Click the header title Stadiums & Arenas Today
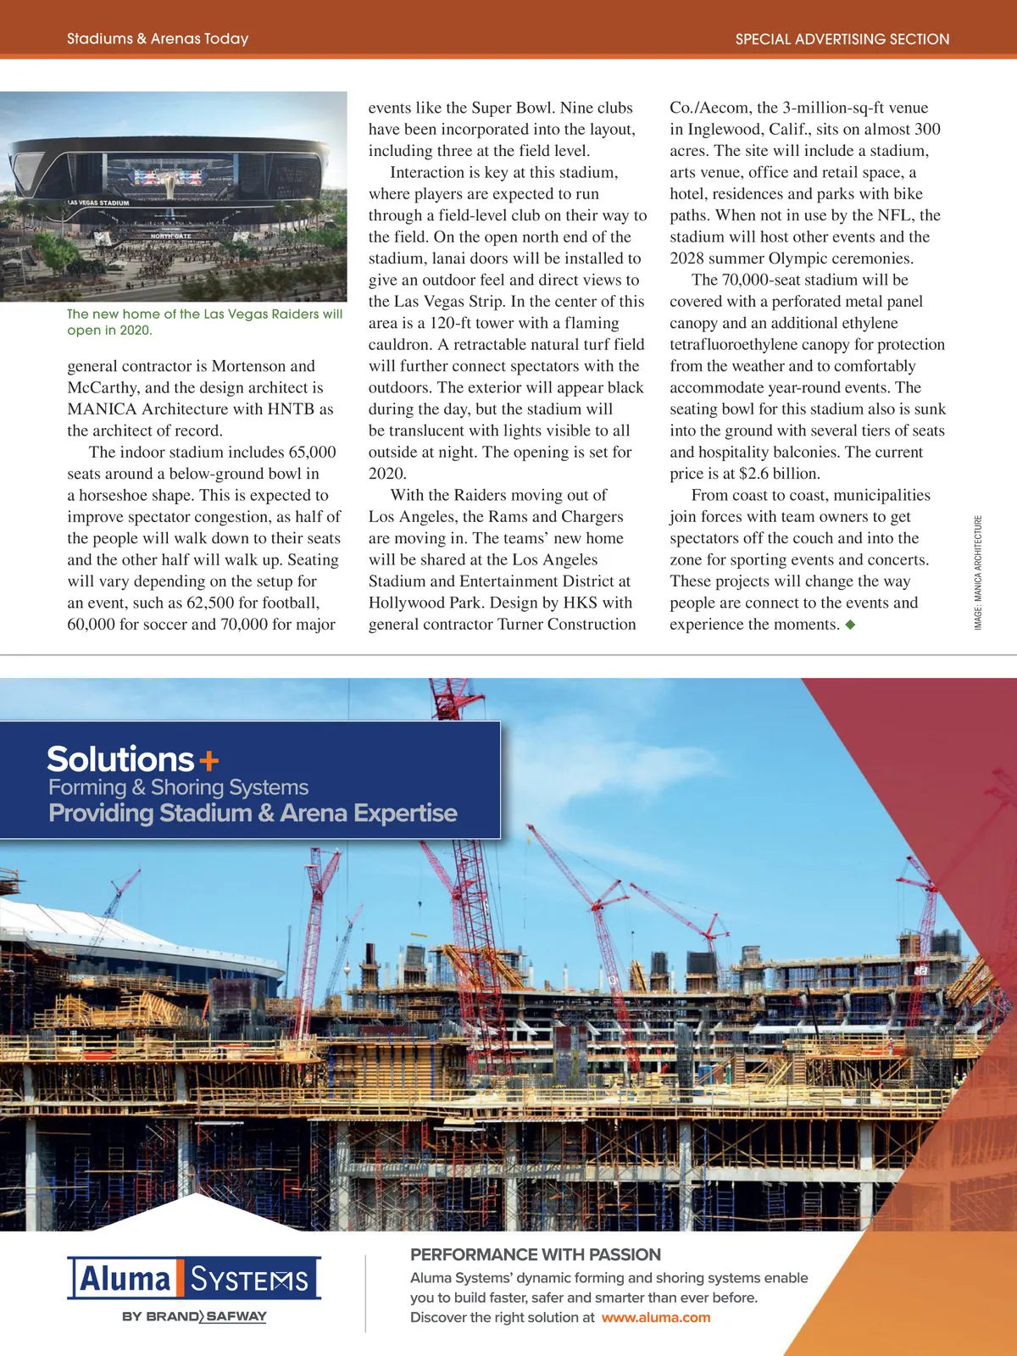click(158, 39)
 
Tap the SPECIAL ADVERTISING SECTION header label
click(842, 39)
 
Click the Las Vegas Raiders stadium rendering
click(173, 196)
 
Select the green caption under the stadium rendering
click(204, 322)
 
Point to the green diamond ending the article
click(851, 625)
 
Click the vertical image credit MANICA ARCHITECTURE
click(978, 572)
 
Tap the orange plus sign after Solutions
click(208, 761)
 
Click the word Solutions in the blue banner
click(120, 759)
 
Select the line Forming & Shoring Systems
click(178, 787)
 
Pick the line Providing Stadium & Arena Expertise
click(253, 814)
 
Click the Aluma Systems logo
click(194, 1278)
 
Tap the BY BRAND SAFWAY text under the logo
click(194, 1316)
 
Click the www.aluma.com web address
click(656, 1318)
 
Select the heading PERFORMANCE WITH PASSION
click(536, 1254)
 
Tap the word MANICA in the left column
click(102, 409)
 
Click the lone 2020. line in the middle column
click(387, 474)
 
